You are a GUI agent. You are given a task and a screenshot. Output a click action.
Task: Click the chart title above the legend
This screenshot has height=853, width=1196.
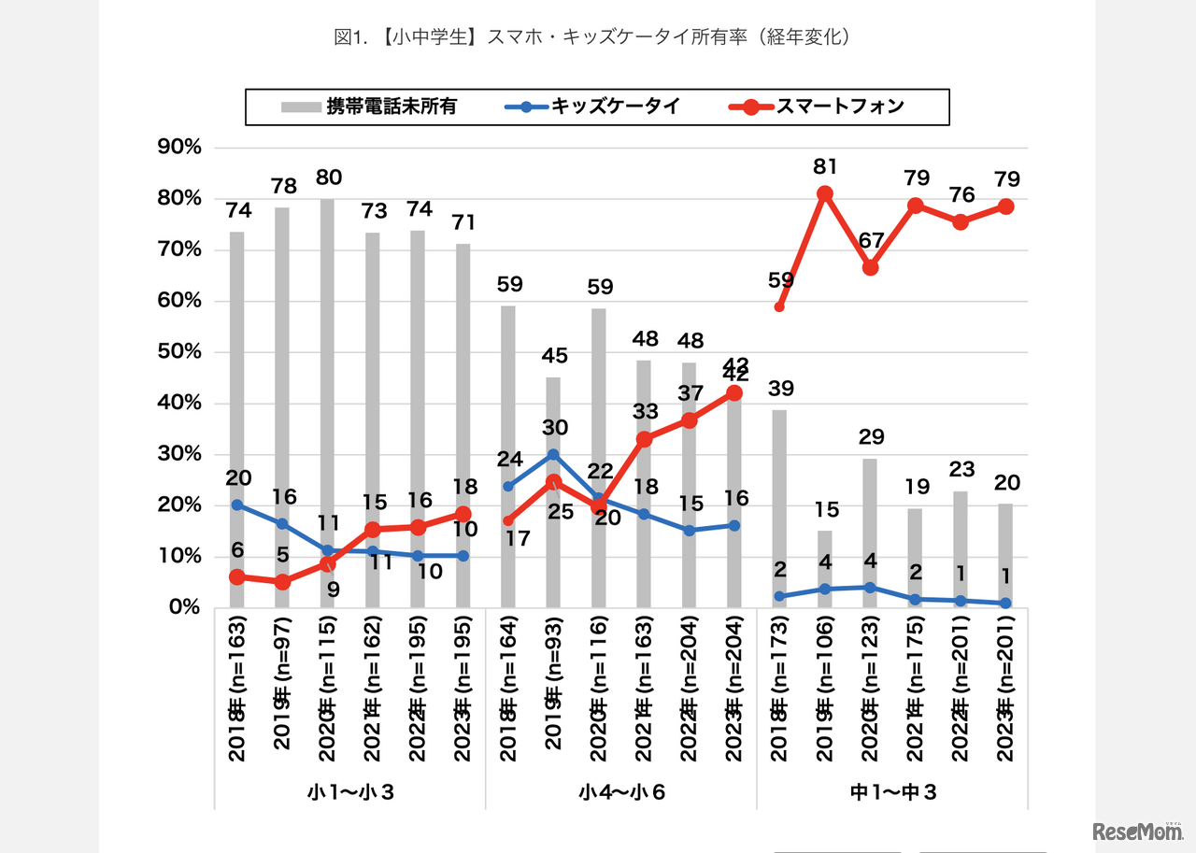point(597,37)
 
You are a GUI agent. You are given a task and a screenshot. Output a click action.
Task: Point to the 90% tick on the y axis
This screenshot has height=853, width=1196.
point(183,148)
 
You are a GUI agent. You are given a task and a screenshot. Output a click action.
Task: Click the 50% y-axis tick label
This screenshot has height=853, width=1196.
point(183,352)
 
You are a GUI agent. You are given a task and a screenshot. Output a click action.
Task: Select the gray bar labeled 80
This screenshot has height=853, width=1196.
point(327,402)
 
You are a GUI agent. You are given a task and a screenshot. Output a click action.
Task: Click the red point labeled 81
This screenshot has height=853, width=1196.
point(825,193)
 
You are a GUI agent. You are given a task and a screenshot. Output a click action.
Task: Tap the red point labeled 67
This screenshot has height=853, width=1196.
point(870,267)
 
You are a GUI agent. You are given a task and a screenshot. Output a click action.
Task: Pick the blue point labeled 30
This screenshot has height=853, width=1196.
point(553,454)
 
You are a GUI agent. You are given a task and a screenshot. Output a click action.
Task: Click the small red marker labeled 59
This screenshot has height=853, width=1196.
point(779,306)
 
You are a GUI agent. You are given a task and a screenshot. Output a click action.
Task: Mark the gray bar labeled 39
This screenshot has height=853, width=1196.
point(779,509)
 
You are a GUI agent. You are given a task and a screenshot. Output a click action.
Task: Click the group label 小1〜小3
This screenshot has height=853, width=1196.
point(350,792)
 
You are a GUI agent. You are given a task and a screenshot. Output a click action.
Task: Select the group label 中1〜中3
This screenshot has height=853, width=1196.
point(892,792)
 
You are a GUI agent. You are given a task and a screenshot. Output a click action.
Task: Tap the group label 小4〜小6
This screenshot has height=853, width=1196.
point(621,792)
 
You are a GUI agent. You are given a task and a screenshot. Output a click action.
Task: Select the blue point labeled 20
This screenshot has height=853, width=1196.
point(237,505)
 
